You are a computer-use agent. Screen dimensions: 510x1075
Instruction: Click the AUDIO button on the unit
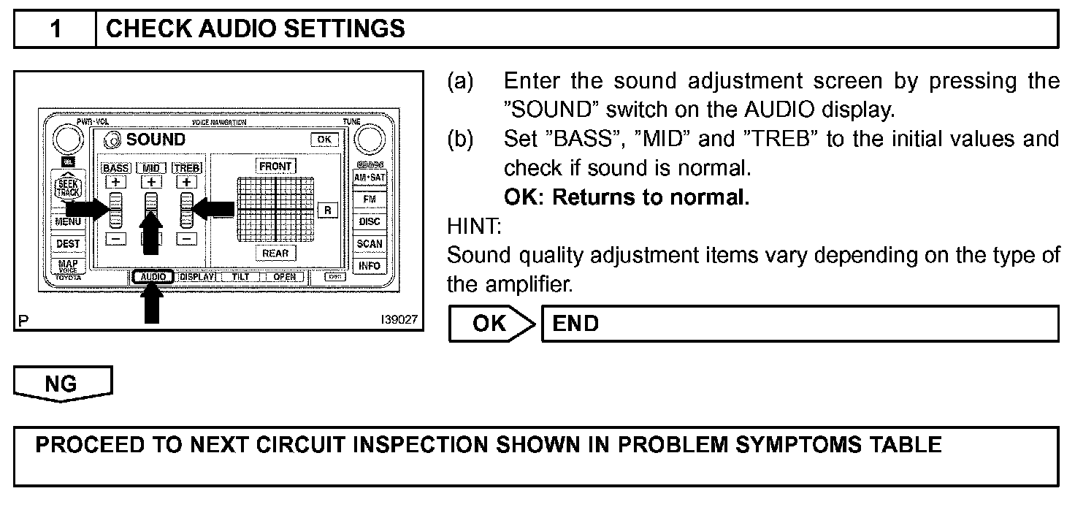coord(153,277)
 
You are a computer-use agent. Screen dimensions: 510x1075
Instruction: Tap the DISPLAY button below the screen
coord(196,277)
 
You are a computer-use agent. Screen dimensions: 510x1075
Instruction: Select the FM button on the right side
coord(369,199)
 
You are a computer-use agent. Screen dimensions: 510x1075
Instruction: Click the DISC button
coord(369,221)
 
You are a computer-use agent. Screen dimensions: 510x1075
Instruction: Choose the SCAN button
coord(369,243)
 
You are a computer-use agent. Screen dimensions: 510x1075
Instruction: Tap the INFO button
coord(369,265)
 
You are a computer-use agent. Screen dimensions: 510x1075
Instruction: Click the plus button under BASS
coord(115,182)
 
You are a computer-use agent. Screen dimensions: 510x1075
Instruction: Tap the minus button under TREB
coord(187,238)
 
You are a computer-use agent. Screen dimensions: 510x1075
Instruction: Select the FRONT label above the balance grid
coord(276,166)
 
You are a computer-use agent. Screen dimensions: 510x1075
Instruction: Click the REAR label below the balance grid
coord(276,253)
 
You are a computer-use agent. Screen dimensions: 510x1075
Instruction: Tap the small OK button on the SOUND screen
coord(324,139)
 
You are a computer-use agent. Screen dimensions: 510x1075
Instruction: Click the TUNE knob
coord(370,140)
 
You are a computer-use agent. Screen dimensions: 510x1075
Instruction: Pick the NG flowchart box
coord(62,384)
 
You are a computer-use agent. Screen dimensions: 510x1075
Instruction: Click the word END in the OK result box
coord(576,324)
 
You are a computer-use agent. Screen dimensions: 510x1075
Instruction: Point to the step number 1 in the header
coord(56,29)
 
